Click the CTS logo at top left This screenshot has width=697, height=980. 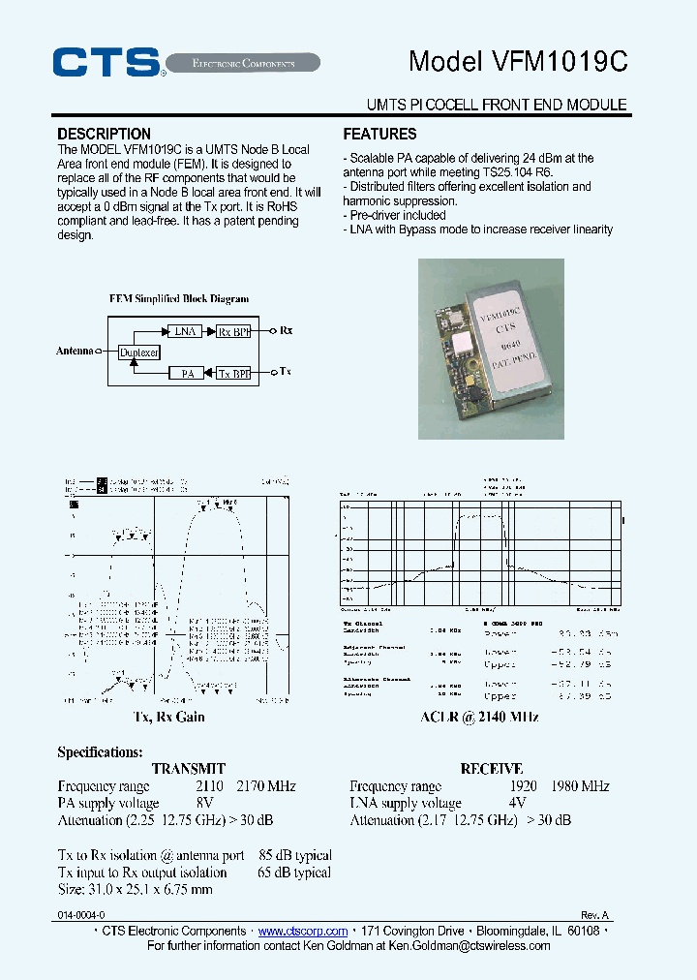coord(106,62)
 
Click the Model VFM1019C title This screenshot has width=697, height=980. coord(518,61)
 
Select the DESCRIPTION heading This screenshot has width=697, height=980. coord(104,134)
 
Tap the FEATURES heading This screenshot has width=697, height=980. coord(379,134)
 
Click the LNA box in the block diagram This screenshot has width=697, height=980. coord(184,331)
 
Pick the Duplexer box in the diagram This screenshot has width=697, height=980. coord(138,352)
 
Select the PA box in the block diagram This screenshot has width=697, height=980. coord(188,373)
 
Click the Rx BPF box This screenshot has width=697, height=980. coord(233,331)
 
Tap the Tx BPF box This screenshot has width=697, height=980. coord(233,373)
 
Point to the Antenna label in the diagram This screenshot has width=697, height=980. coord(75,352)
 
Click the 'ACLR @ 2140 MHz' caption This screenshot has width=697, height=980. coord(479,718)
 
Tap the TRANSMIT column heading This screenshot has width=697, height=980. coord(189,769)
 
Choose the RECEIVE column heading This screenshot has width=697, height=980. coord(492,769)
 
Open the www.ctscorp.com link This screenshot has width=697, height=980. coord(303,931)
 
